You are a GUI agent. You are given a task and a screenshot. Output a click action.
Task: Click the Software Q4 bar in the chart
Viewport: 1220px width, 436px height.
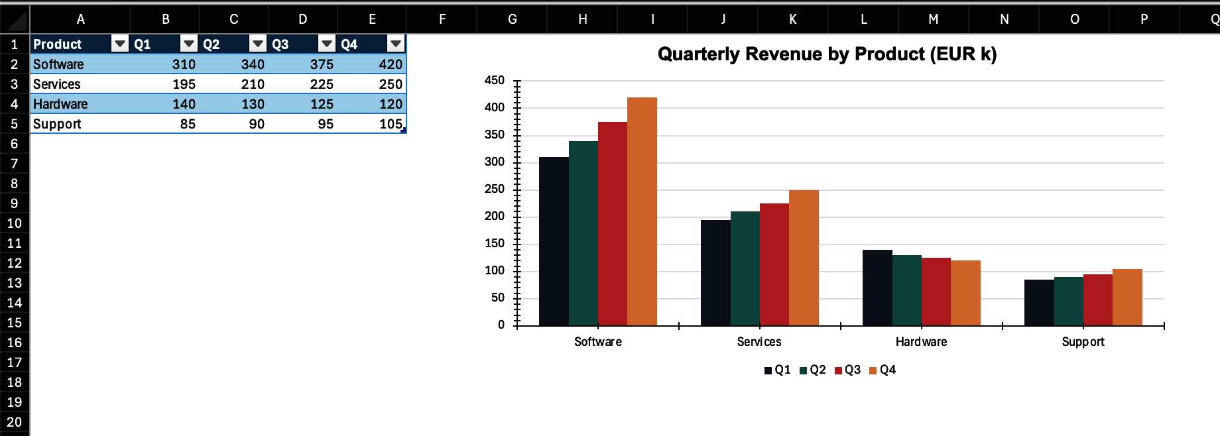pyautogui.click(x=642, y=211)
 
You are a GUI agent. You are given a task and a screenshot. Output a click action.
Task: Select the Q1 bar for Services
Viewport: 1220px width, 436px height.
pyautogui.click(x=715, y=272)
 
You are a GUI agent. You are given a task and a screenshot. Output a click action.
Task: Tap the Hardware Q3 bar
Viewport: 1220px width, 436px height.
pyautogui.click(x=936, y=292)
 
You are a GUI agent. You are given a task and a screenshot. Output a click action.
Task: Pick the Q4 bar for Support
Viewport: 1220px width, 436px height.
pyautogui.click(x=1127, y=297)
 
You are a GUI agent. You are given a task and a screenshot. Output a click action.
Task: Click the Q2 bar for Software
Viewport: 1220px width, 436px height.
pyautogui.click(x=583, y=233)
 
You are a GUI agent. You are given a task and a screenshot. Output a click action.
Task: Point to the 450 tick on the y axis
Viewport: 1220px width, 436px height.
pyautogui.click(x=495, y=80)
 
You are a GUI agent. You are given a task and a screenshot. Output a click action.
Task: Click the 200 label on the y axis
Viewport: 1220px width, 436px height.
pyautogui.click(x=495, y=216)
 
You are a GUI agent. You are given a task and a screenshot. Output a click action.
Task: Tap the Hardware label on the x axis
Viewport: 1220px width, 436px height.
pyautogui.click(x=921, y=342)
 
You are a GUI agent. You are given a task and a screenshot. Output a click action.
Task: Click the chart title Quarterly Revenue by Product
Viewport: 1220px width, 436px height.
pyautogui.click(x=827, y=54)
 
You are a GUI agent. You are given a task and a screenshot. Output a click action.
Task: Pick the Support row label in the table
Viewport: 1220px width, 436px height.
pyautogui.click(x=57, y=124)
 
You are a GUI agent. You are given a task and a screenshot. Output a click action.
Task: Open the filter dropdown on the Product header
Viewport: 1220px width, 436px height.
pyautogui.click(x=120, y=44)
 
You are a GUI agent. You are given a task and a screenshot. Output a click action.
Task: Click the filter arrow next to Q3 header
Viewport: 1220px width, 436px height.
pyautogui.click(x=327, y=44)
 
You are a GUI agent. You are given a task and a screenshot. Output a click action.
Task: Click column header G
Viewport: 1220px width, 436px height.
pyautogui.click(x=512, y=19)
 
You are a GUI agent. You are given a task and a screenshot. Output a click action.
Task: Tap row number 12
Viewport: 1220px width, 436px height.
pyautogui.click(x=14, y=263)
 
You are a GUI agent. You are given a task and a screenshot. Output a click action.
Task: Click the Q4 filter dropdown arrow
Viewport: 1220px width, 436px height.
pyautogui.click(x=396, y=44)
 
